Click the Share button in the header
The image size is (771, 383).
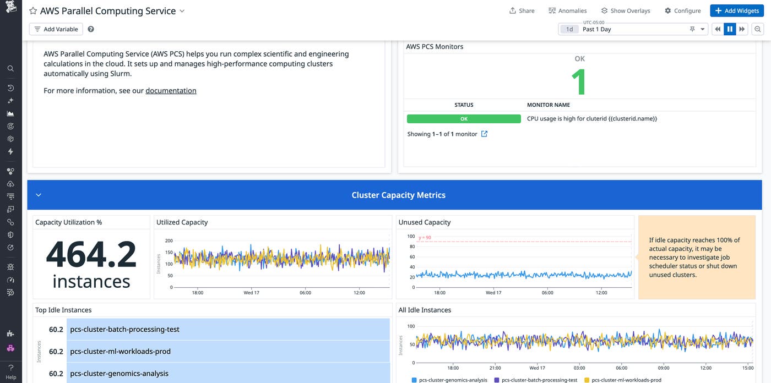click(522, 10)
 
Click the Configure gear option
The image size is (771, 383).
click(682, 10)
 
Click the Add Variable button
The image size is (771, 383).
click(56, 29)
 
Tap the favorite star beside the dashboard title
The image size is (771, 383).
click(33, 11)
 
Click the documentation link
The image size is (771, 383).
click(171, 91)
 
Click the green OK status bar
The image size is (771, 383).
click(464, 119)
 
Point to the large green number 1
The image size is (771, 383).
click(579, 83)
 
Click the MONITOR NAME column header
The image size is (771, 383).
click(548, 105)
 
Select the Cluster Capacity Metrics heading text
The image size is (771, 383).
click(398, 195)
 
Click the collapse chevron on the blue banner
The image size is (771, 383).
click(39, 195)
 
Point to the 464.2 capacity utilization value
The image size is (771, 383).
click(91, 255)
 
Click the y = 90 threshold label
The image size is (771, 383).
click(425, 238)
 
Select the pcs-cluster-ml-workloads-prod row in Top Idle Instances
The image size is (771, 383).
click(228, 352)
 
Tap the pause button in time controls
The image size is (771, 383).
click(730, 29)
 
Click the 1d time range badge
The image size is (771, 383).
click(569, 29)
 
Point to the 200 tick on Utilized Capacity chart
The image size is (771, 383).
click(169, 241)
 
